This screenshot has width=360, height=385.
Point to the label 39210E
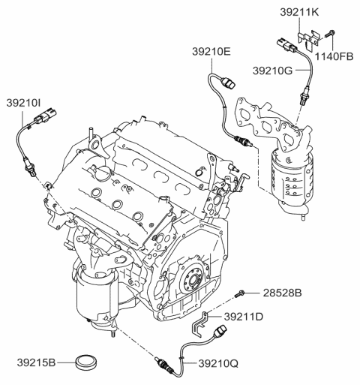[x=211, y=53]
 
